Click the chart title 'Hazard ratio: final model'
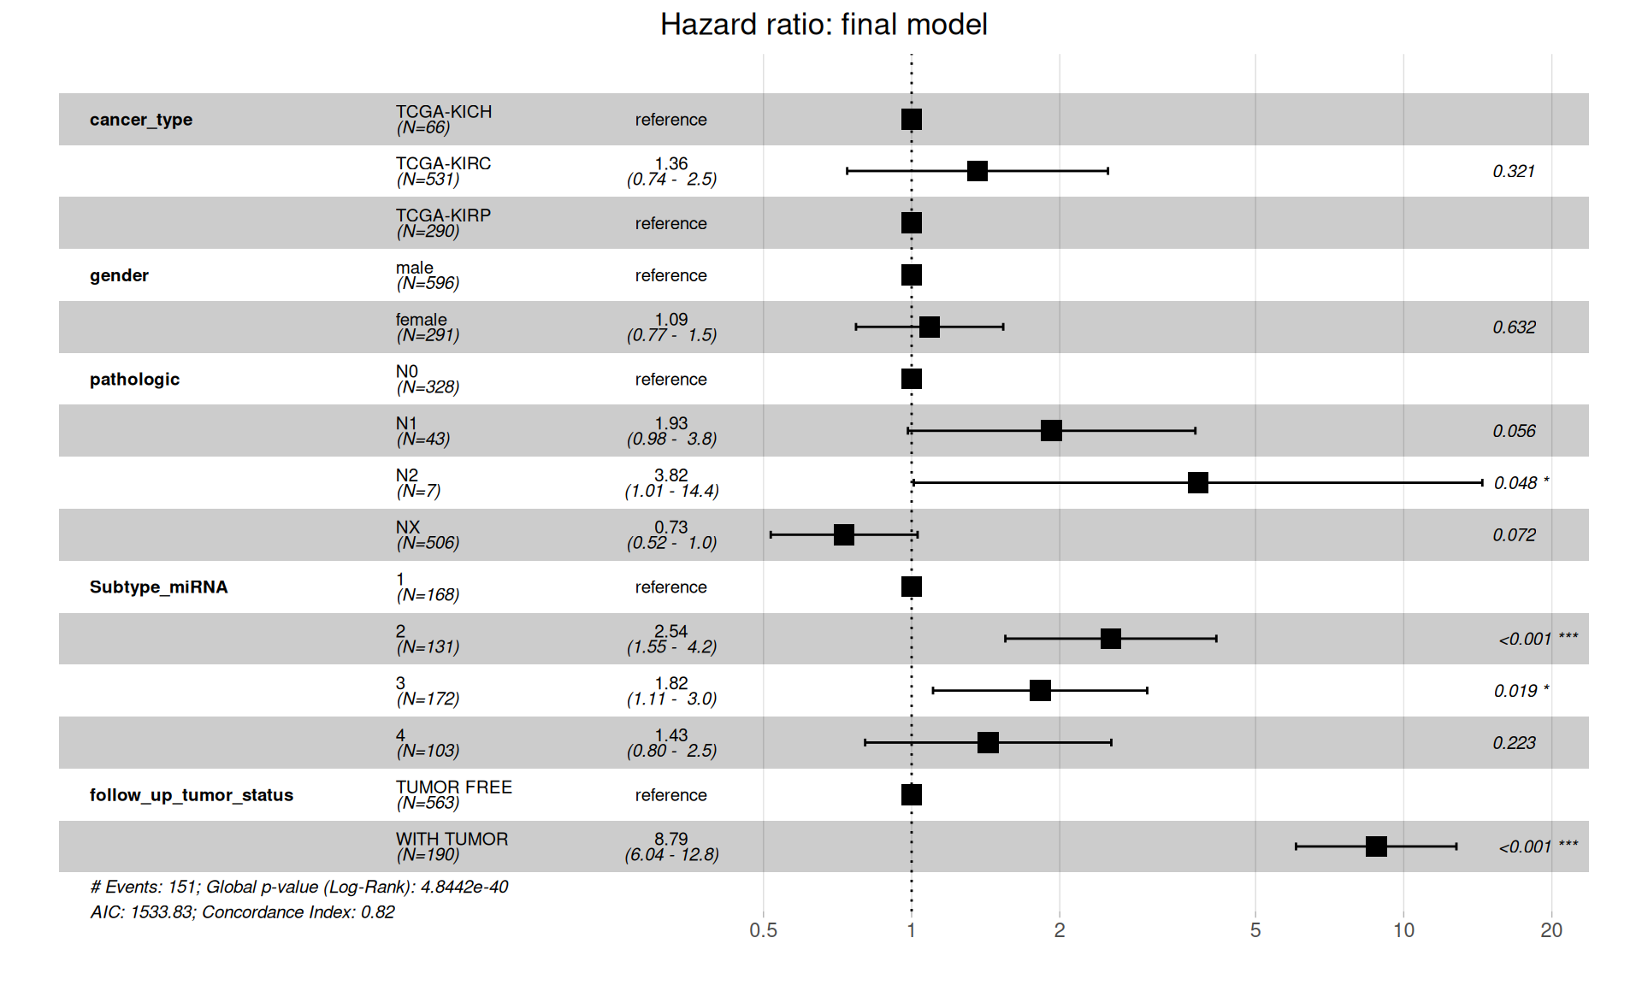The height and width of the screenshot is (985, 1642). pyautogui.click(x=823, y=25)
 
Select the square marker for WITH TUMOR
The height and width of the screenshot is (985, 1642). pyautogui.click(x=1376, y=846)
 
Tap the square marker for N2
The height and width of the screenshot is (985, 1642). pyautogui.click(x=1197, y=483)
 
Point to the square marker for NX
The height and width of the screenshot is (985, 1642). pyautogui.click(x=844, y=535)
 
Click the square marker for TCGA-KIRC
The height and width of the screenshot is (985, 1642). pyautogui.click(x=977, y=171)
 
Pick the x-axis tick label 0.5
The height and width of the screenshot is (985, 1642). pyautogui.click(x=763, y=930)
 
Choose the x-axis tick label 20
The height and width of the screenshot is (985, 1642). pyautogui.click(x=1550, y=930)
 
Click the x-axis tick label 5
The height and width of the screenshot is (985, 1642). pyautogui.click(x=1255, y=930)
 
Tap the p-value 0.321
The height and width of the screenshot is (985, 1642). pyautogui.click(x=1513, y=172)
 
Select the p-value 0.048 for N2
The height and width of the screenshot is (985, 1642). pyautogui.click(x=1515, y=484)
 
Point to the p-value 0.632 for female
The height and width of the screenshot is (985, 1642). pyautogui.click(x=1514, y=327)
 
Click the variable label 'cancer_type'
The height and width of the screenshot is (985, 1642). pyautogui.click(x=141, y=120)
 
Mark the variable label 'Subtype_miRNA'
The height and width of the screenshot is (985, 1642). pyautogui.click(x=158, y=587)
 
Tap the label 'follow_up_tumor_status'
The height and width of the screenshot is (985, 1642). pyautogui.click(x=191, y=795)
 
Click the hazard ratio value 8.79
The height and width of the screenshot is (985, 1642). pyautogui.click(x=670, y=839)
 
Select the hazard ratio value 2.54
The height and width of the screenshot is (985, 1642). pyautogui.click(x=670, y=631)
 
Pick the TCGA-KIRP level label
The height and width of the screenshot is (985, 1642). pyautogui.click(x=443, y=215)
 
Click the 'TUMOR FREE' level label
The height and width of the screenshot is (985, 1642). pyautogui.click(x=453, y=787)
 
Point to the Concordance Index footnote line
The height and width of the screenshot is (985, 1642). pyautogui.click(x=242, y=912)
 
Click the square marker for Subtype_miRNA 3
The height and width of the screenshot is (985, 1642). pyautogui.click(x=1040, y=691)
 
